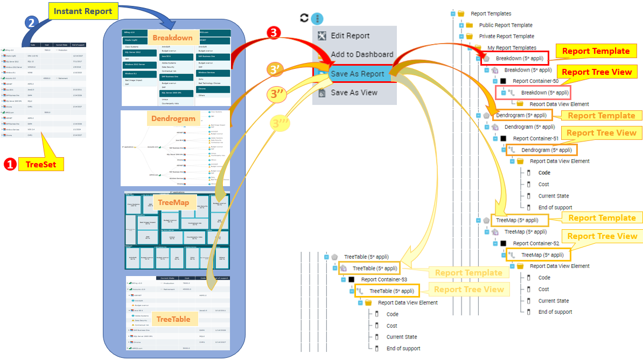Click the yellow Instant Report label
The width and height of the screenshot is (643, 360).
[x=83, y=10]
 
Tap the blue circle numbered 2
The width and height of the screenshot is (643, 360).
[x=32, y=23]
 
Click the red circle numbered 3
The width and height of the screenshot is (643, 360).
[x=274, y=33]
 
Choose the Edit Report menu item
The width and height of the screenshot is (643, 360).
[x=350, y=36]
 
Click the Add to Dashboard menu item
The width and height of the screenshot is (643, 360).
[x=362, y=54]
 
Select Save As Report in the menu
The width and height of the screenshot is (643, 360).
[x=357, y=74]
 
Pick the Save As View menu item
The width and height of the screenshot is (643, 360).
[x=354, y=93]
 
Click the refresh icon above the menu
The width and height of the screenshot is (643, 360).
[x=304, y=18]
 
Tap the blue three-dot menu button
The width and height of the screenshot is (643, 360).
[x=318, y=18]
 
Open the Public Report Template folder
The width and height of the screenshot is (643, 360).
[x=506, y=25]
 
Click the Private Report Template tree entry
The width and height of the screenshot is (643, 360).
[x=506, y=37]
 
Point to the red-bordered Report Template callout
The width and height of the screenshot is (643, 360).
[x=596, y=51]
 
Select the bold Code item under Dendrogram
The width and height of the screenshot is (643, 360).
[x=544, y=173]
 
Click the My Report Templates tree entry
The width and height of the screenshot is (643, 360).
[x=512, y=48]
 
